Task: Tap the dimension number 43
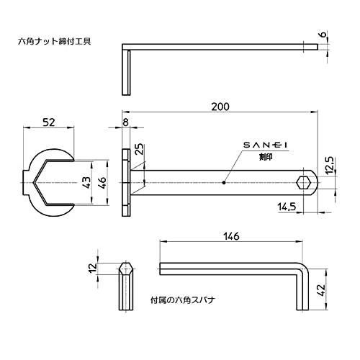click(86, 183)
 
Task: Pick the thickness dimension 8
click(127, 123)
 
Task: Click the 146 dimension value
click(231, 237)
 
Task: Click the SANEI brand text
click(266, 145)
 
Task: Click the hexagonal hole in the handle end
click(306, 182)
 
